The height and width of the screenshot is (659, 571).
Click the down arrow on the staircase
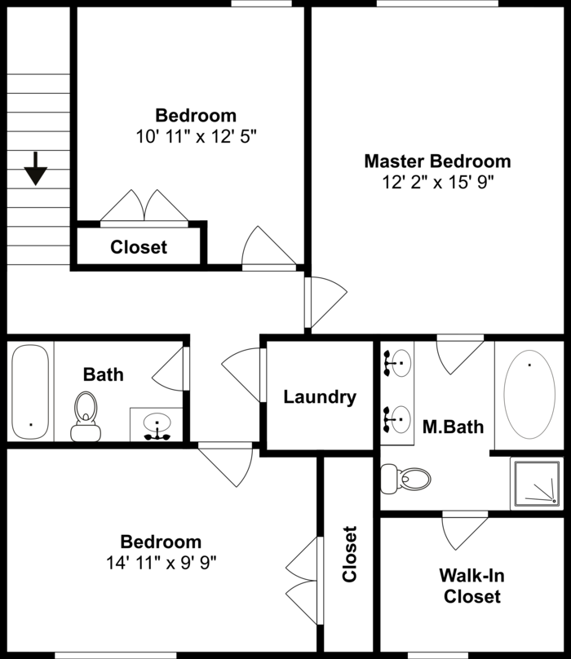(36, 169)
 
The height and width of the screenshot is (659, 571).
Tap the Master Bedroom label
(437, 161)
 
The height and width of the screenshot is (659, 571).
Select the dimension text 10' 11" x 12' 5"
(196, 135)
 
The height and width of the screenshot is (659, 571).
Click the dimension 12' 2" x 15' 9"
(437, 182)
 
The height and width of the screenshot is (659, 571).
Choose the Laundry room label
(320, 397)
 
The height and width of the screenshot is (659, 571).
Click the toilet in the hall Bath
(84, 415)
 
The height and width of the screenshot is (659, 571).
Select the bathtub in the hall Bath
(31, 391)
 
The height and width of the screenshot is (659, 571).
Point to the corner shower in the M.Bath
(537, 482)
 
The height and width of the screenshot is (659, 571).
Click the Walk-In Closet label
(471, 586)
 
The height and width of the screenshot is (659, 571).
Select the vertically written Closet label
(349, 555)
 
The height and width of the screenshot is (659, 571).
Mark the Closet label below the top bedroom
(139, 247)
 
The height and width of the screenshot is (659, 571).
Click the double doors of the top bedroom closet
(144, 207)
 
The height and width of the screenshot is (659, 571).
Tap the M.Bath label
(453, 426)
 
